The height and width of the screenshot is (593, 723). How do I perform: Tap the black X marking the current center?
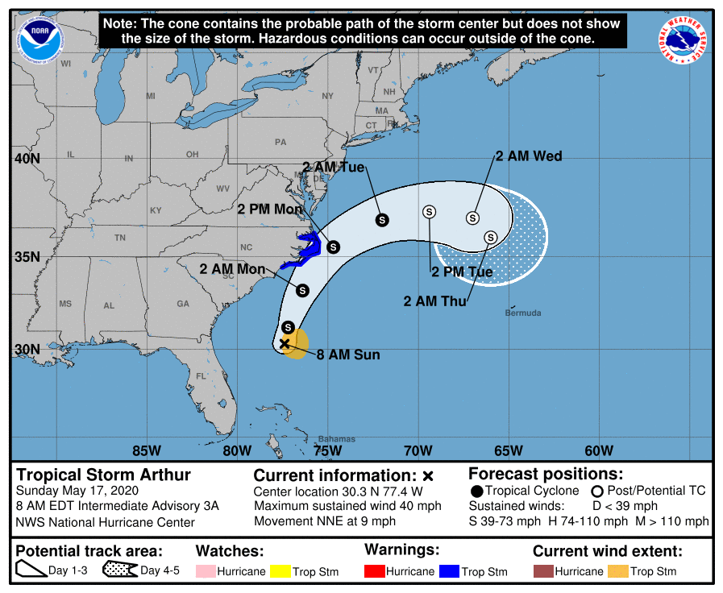285,344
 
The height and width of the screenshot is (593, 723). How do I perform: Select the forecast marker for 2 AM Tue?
382,219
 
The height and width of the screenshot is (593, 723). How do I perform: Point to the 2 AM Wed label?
529,156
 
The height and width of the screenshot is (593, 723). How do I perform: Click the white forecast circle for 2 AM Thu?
490,237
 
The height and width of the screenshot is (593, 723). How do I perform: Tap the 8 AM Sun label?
347,355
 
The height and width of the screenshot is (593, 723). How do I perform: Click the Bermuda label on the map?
523,313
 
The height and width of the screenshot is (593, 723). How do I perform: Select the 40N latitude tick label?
27,159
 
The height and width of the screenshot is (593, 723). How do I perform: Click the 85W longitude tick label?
146,450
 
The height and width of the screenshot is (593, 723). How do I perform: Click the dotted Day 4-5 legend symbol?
118,571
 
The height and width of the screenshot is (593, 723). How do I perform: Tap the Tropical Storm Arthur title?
104,475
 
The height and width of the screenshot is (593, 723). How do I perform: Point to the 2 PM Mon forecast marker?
333,247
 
